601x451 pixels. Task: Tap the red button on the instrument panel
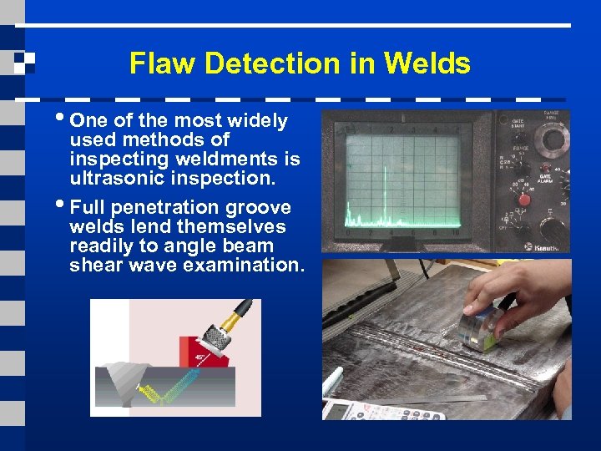(x=525, y=200)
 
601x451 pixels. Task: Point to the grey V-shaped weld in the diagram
(x=117, y=381)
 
